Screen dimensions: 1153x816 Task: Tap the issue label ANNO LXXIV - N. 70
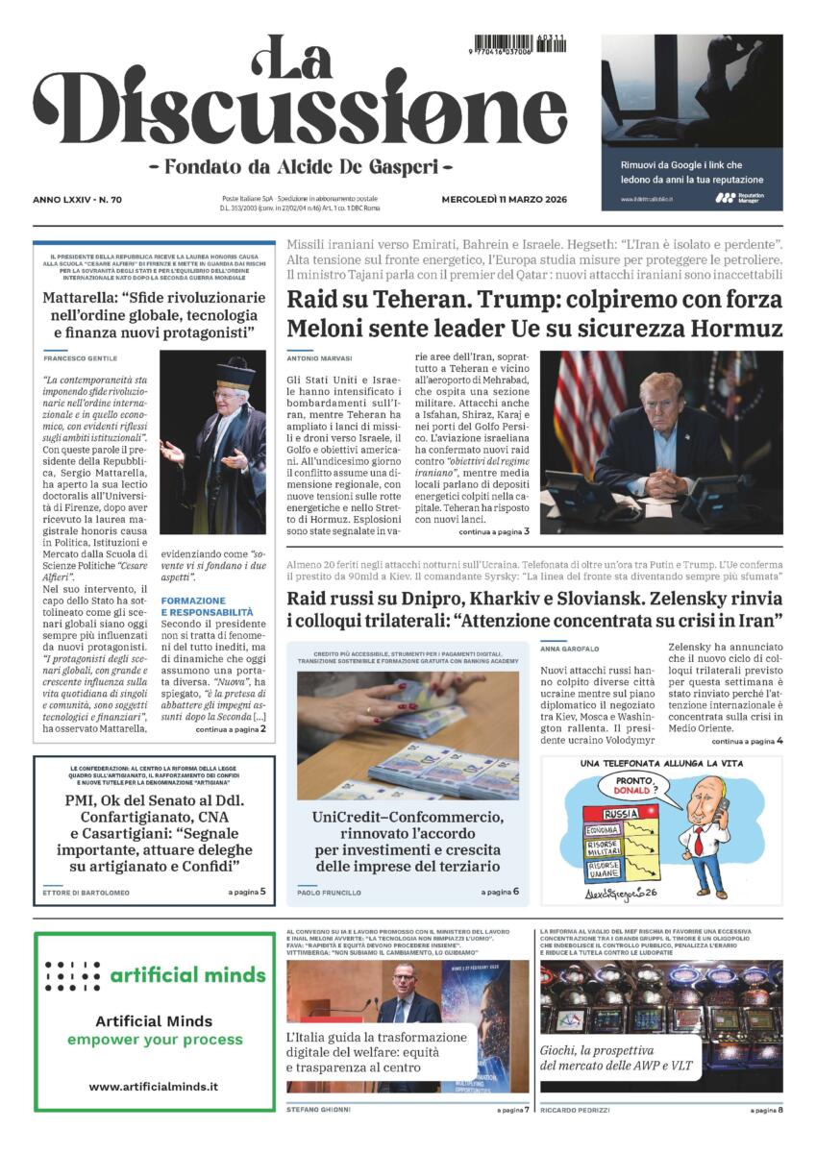pyautogui.click(x=84, y=200)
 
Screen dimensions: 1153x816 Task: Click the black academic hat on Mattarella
pyautogui.click(x=235, y=373)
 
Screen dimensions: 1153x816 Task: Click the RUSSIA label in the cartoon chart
pyautogui.click(x=620, y=813)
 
